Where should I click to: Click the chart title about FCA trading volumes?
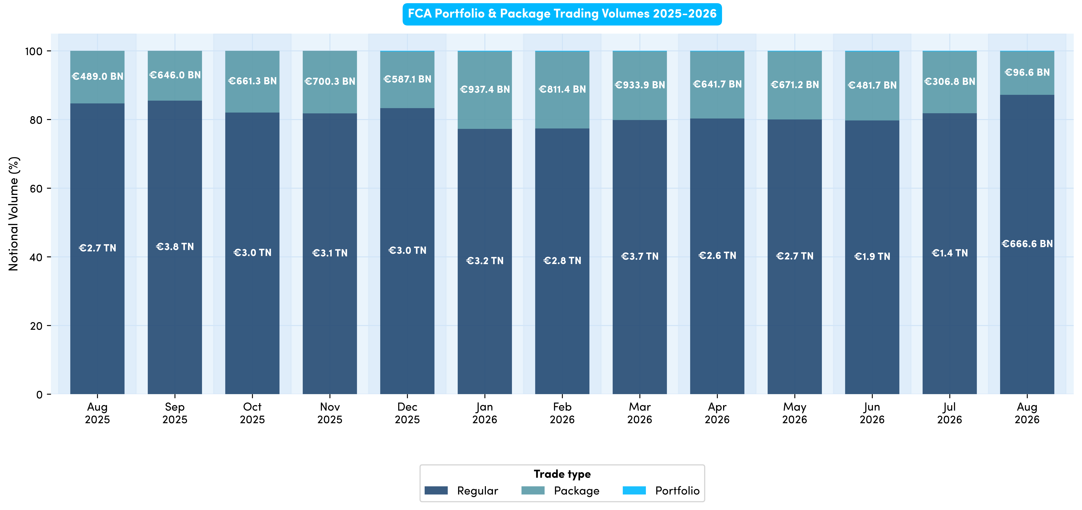[x=562, y=14]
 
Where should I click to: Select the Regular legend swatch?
[x=436, y=490]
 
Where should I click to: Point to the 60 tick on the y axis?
[x=36, y=189]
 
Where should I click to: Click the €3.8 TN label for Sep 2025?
[x=175, y=247]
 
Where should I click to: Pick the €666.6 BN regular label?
[x=1027, y=244]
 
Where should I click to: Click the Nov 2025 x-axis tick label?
[x=330, y=413]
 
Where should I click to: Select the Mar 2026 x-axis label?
[x=640, y=413]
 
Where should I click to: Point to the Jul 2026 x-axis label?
[x=950, y=413]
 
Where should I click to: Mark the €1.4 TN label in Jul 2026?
[x=950, y=253]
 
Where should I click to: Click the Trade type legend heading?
[x=562, y=474]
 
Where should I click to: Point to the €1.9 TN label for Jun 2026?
[x=872, y=256]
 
